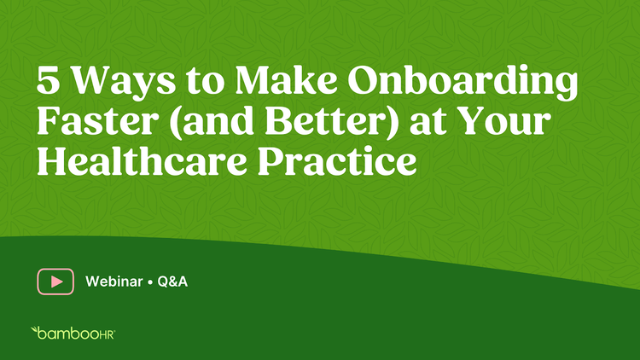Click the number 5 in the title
[x=48, y=80]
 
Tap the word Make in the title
[x=286, y=79]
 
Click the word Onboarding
[x=463, y=83]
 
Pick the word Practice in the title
[x=337, y=160]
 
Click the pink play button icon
[x=55, y=282]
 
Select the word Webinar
[x=113, y=282]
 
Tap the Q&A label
[x=172, y=282]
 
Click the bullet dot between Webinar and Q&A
[x=150, y=282]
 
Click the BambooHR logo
[x=73, y=333]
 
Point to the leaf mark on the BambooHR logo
[x=34, y=329]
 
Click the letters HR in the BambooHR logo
[x=107, y=334]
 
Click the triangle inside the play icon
[x=56, y=282]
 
